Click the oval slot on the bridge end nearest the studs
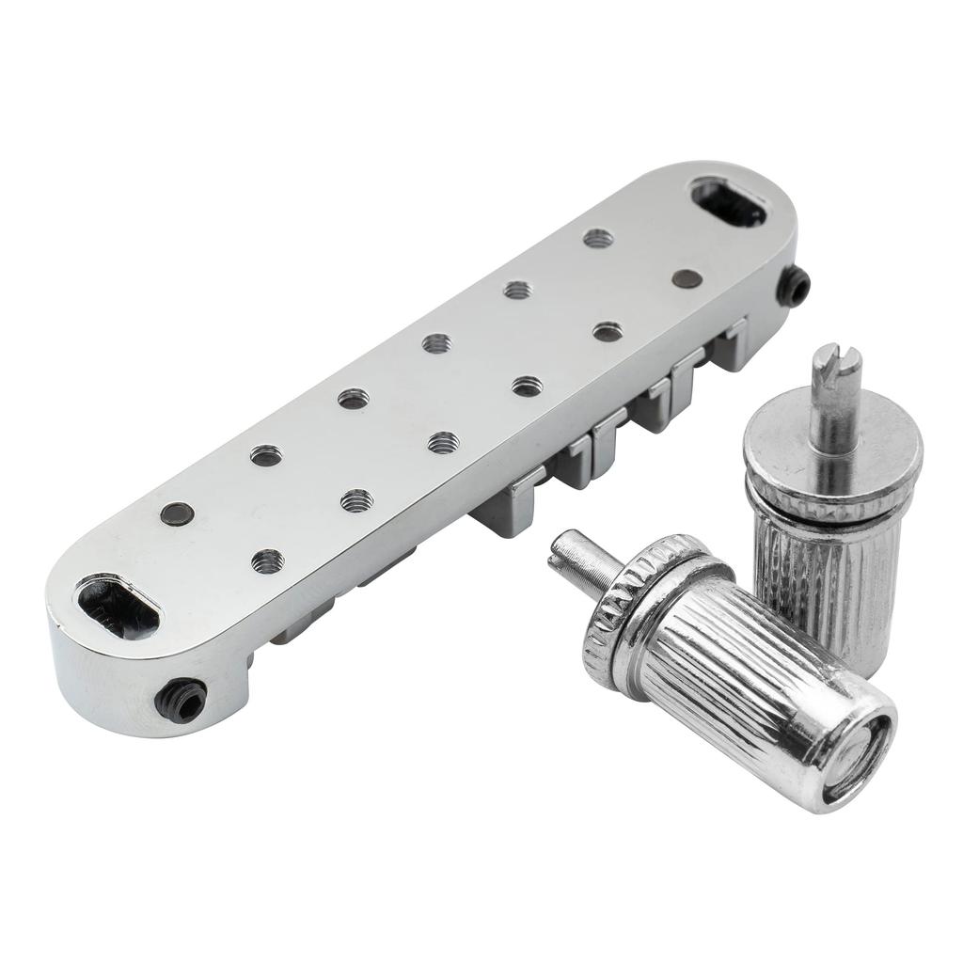click(x=730, y=202)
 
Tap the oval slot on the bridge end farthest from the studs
click(x=118, y=608)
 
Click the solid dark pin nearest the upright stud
click(x=687, y=278)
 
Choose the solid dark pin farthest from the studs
click(x=177, y=513)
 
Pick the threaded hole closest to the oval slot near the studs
click(x=598, y=238)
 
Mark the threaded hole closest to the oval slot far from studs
click(x=267, y=561)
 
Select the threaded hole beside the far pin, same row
click(x=266, y=456)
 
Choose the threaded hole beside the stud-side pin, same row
click(x=608, y=331)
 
